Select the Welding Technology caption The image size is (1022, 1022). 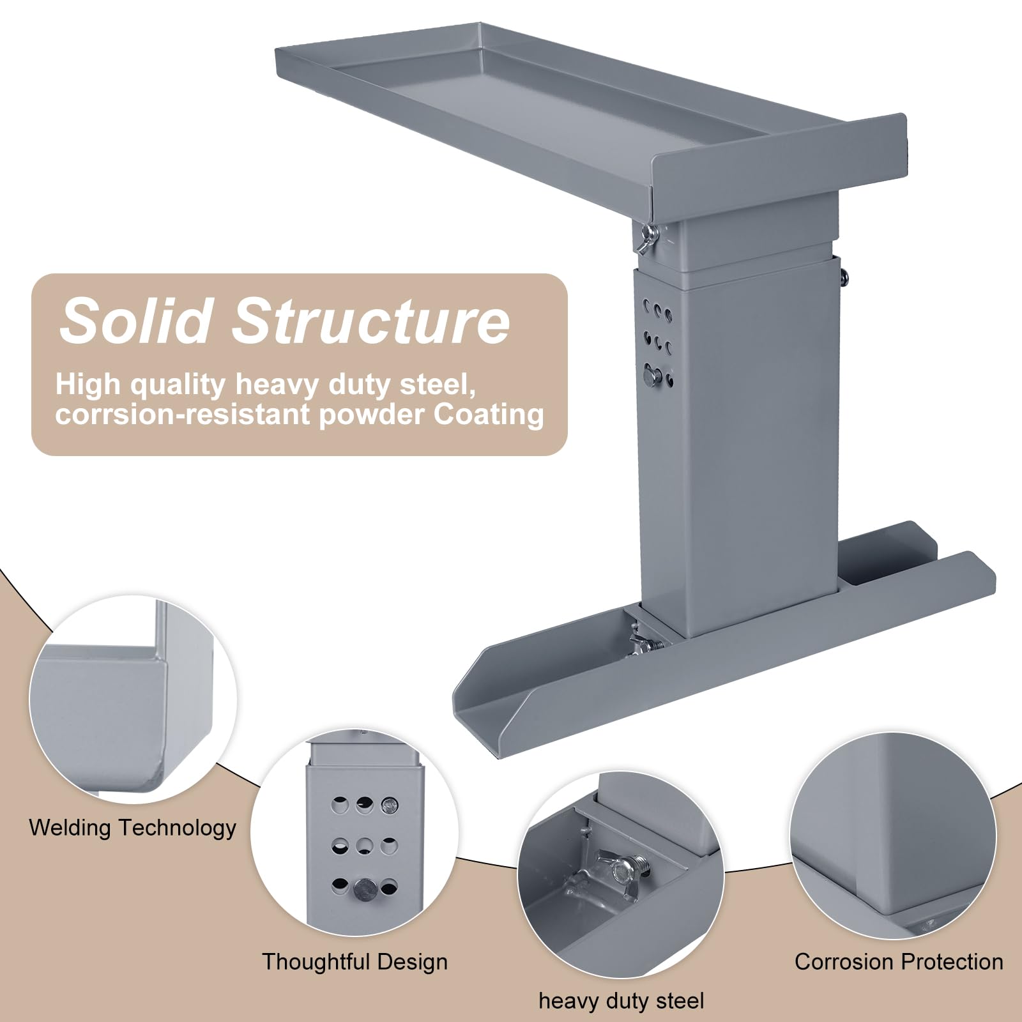tap(133, 828)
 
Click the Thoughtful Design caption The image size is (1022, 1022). tap(355, 961)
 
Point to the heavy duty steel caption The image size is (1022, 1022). tap(622, 1001)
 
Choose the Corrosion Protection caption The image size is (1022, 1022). tap(899, 961)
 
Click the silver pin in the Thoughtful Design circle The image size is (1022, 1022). tap(365, 889)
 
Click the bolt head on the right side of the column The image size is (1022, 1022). tap(843, 275)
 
